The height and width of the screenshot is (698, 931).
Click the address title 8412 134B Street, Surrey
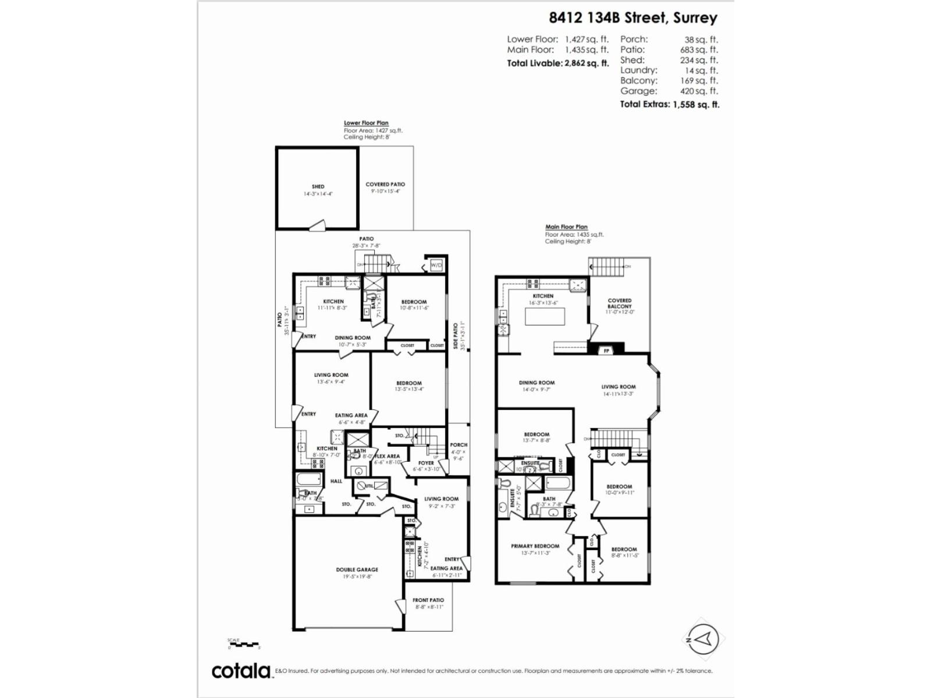click(632, 17)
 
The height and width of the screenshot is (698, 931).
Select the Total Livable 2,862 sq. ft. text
click(557, 63)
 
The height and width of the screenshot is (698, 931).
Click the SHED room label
click(318, 187)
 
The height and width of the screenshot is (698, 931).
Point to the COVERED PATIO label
click(385, 184)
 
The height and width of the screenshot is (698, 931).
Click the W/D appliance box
click(436, 265)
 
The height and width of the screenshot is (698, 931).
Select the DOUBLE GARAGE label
click(357, 569)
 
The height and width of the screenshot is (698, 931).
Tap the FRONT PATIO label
click(428, 600)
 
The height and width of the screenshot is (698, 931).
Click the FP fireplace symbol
click(606, 351)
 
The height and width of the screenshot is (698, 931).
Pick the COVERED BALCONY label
click(619, 304)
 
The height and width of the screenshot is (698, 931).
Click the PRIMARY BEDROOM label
click(535, 546)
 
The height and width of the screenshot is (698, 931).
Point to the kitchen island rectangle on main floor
click(545, 316)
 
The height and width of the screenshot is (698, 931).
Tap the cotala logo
click(241, 671)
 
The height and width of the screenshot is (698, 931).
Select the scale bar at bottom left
click(243, 644)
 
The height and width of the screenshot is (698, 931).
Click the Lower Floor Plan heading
click(365, 123)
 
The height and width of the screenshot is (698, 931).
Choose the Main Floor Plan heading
click(566, 227)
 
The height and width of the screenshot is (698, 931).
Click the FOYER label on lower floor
click(426, 463)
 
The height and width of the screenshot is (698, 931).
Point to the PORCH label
click(459, 445)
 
